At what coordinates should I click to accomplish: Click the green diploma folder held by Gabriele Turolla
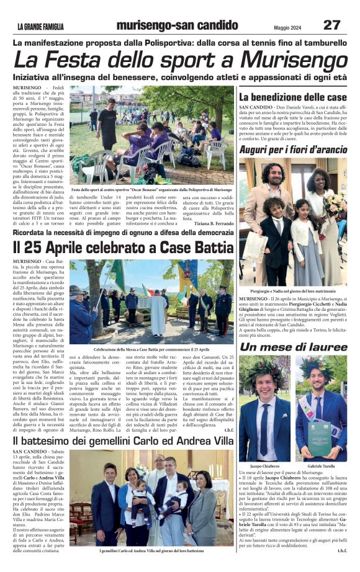point(326,436)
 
